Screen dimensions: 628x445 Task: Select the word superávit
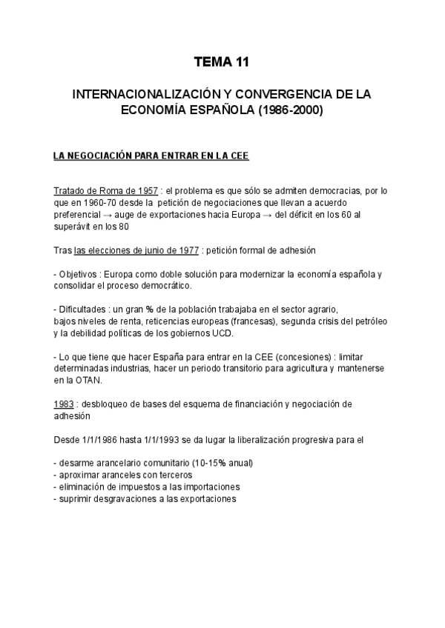73,226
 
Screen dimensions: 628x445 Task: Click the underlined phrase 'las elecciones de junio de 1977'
136,250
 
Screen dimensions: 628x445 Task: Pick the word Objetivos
80,274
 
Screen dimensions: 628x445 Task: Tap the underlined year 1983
64,404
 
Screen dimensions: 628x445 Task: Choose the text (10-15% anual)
220,464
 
